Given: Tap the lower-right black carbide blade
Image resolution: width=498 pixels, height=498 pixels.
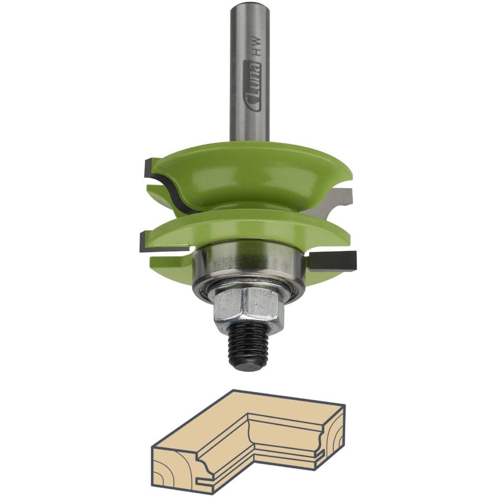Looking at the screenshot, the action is coord(333,261).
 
